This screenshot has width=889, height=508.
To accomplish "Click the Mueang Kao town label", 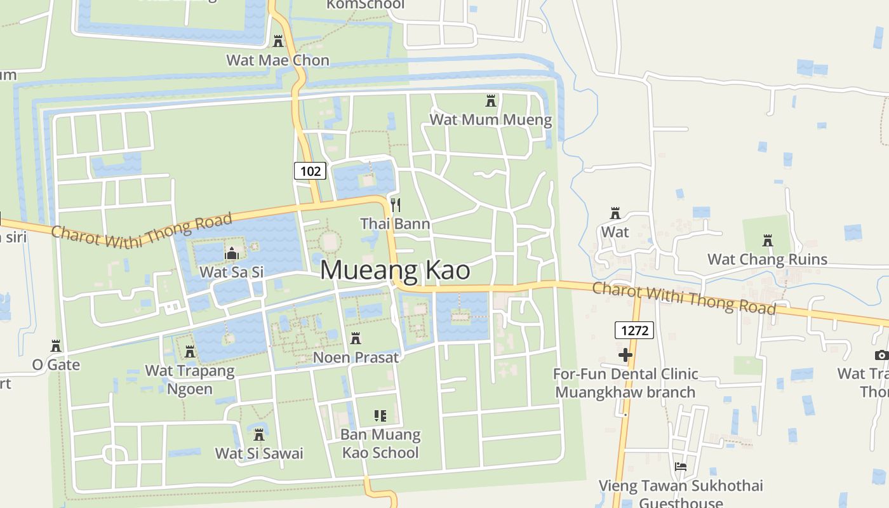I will click(395, 271).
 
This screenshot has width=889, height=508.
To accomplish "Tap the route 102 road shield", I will click(311, 171).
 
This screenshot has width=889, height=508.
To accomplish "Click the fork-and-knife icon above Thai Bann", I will click(396, 204).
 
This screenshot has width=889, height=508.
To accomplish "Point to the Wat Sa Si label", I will click(231, 272).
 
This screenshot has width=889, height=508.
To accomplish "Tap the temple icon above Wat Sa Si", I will click(231, 254).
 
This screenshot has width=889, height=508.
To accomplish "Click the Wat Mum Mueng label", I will click(491, 119).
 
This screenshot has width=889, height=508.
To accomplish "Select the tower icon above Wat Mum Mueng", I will click(491, 101).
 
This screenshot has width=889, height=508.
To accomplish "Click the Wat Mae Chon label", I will click(278, 60).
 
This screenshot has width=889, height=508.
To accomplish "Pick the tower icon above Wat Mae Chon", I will click(278, 41).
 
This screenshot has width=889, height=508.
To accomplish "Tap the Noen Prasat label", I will click(356, 358).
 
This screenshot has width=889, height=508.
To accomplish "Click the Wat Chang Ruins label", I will click(768, 259).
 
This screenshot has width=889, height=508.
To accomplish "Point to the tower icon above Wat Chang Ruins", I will click(768, 241).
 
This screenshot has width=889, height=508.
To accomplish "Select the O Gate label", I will click(57, 364).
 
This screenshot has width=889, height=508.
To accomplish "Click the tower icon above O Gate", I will click(56, 346).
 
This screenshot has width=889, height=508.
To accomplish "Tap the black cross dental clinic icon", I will click(625, 355).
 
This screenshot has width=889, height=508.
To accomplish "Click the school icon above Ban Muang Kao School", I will click(380, 416).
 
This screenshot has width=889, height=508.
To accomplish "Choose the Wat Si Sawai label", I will click(259, 453).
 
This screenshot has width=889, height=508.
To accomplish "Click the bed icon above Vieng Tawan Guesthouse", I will click(681, 467).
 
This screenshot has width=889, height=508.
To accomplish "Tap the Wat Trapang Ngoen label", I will click(190, 379).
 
